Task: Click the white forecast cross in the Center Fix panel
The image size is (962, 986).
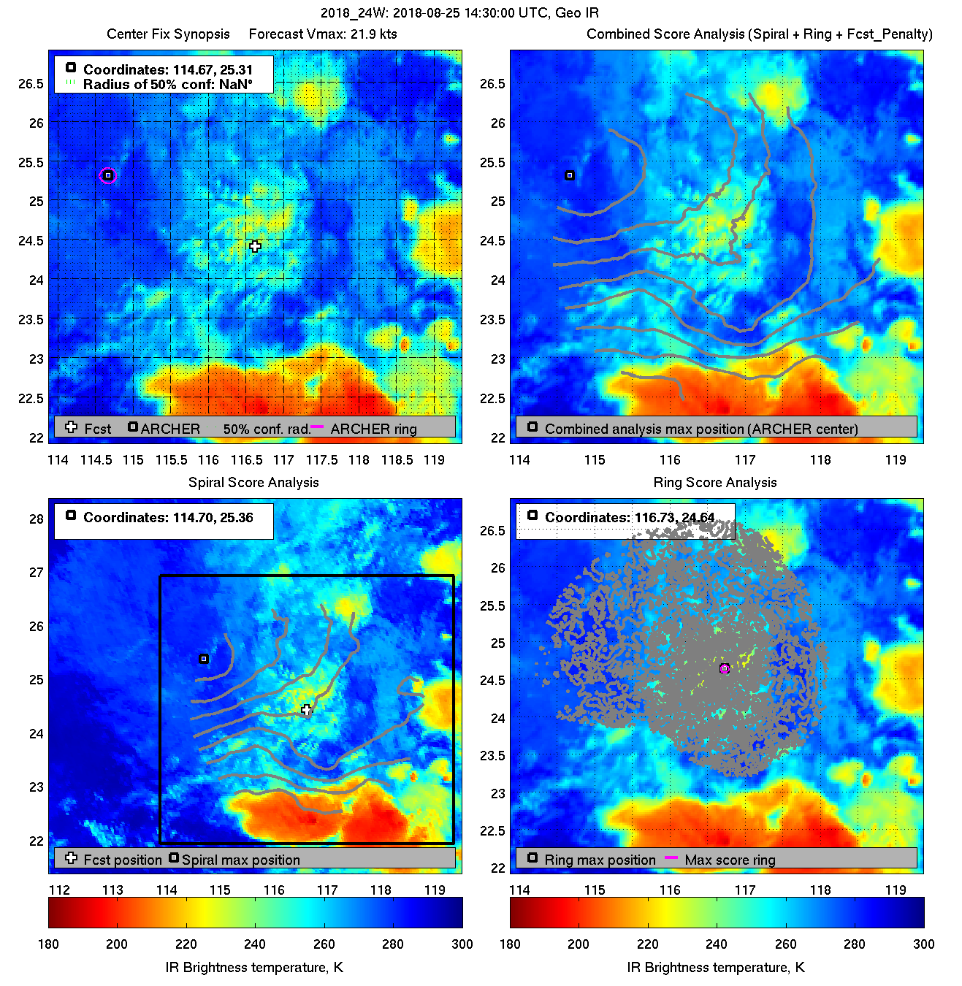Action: (254, 246)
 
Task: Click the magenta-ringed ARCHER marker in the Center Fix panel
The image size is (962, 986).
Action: (108, 175)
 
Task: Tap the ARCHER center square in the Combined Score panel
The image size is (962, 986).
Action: (570, 175)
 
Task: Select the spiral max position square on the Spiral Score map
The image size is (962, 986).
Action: (204, 659)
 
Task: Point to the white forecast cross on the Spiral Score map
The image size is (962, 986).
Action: (307, 709)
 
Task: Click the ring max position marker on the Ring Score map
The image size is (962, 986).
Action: (725, 668)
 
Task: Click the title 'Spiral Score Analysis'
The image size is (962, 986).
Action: (253, 482)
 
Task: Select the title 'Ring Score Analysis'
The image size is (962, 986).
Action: (714, 482)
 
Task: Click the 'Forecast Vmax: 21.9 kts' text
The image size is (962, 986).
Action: (323, 34)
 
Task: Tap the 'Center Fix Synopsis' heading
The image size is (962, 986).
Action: (168, 34)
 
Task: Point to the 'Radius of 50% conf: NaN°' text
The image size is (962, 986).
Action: (167, 84)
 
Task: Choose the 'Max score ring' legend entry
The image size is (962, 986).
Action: (730, 860)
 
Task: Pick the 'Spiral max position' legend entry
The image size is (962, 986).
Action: (240, 860)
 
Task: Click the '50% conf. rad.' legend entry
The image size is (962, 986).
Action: (267, 429)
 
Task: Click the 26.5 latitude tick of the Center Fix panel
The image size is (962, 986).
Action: (31, 84)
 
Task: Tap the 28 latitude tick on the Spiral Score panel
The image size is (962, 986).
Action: (36, 519)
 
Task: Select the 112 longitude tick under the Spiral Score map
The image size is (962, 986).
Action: (59, 890)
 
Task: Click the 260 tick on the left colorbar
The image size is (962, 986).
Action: (324, 944)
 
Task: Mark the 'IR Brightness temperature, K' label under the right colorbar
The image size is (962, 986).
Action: (716, 967)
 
